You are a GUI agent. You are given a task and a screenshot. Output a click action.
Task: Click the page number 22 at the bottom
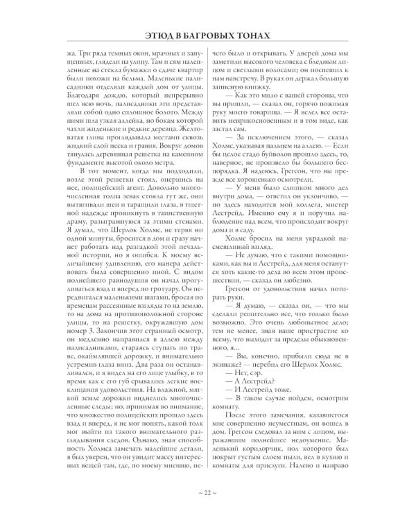pyautogui.click(x=207, y=493)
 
